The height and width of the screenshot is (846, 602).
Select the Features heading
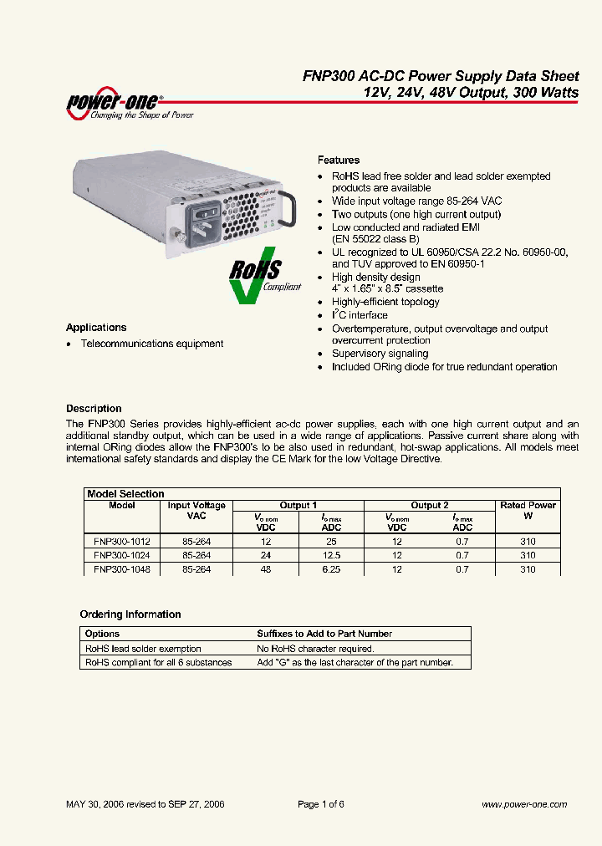[339, 160]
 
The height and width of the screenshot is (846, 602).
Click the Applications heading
[96, 328]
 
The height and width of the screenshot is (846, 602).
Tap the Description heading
[94, 409]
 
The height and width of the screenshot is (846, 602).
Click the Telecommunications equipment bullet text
[151, 344]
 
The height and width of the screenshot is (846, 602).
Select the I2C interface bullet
[360, 315]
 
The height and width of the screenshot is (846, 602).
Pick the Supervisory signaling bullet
[380, 354]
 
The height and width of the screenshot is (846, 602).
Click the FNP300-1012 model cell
[122, 542]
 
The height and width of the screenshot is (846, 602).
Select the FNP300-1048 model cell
[122, 569]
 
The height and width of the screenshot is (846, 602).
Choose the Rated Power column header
[528, 510]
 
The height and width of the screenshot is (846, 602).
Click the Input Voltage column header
[196, 510]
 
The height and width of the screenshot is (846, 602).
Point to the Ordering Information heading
[130, 614]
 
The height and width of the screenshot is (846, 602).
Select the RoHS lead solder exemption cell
[143, 649]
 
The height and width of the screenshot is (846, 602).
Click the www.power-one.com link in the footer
[524, 804]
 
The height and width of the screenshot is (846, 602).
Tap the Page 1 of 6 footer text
[321, 804]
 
